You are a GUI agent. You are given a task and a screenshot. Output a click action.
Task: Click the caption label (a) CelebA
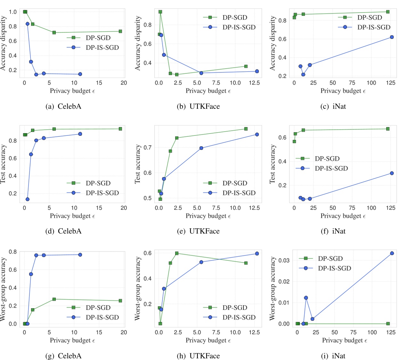click(x=63, y=106)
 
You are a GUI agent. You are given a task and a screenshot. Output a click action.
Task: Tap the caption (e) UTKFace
click(x=198, y=231)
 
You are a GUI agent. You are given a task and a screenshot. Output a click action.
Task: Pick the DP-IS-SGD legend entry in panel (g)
click(x=93, y=317)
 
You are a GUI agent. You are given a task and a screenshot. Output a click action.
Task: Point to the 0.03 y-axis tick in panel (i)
click(x=284, y=260)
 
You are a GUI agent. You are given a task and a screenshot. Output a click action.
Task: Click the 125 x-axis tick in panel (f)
click(x=391, y=208)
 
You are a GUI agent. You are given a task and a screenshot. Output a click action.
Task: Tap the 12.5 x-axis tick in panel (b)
click(x=254, y=83)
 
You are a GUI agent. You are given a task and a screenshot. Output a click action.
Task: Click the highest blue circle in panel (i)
click(x=392, y=253)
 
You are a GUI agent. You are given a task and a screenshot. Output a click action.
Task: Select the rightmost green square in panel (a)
click(x=120, y=31)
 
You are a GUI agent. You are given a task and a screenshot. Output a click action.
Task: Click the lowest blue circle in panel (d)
click(x=28, y=199)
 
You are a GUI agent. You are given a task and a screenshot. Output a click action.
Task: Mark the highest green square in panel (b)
click(x=160, y=12)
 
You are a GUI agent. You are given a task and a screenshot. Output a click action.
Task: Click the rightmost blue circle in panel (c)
click(x=392, y=37)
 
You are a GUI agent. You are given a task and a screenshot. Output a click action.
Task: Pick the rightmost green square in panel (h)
click(x=246, y=263)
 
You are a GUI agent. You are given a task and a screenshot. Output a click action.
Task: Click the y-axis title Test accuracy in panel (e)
click(x=138, y=164)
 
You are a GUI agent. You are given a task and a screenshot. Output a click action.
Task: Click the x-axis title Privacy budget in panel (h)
click(x=208, y=340)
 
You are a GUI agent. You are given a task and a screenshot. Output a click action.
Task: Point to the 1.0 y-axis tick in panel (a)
click(x=13, y=12)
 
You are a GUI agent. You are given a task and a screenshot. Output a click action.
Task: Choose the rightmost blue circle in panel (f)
click(x=392, y=173)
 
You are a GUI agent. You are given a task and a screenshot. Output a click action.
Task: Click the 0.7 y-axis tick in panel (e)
click(x=147, y=148)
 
